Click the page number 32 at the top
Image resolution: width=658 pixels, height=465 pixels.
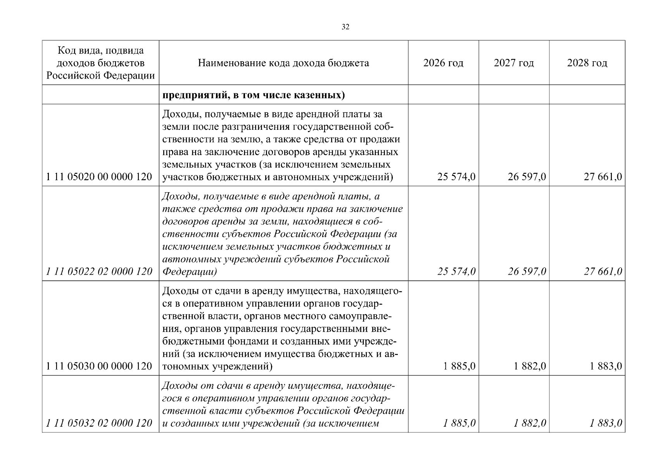point(345,27)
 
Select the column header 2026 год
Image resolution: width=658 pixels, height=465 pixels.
point(443,63)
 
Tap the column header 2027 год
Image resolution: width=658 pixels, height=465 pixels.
point(514,63)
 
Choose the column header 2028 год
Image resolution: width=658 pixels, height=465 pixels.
point(587,63)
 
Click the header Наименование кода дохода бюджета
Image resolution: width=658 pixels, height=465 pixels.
point(283,63)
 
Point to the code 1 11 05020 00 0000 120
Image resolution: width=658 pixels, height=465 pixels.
point(99,177)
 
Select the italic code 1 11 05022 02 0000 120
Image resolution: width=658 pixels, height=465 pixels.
point(99,271)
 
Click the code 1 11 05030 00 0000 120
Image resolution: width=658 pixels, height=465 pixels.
point(99,366)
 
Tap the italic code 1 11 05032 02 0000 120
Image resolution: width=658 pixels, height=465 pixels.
point(99,423)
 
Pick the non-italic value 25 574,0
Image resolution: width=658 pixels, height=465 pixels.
point(456,177)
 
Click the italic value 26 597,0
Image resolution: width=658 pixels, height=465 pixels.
point(527,272)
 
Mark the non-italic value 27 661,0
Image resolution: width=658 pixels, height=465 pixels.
point(603,177)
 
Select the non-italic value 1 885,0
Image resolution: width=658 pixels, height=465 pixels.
point(459,366)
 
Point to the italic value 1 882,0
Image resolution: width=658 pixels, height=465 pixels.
point(530,423)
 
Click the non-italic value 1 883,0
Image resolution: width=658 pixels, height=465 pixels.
point(606,366)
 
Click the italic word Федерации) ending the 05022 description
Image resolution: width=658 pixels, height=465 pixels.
point(190,272)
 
